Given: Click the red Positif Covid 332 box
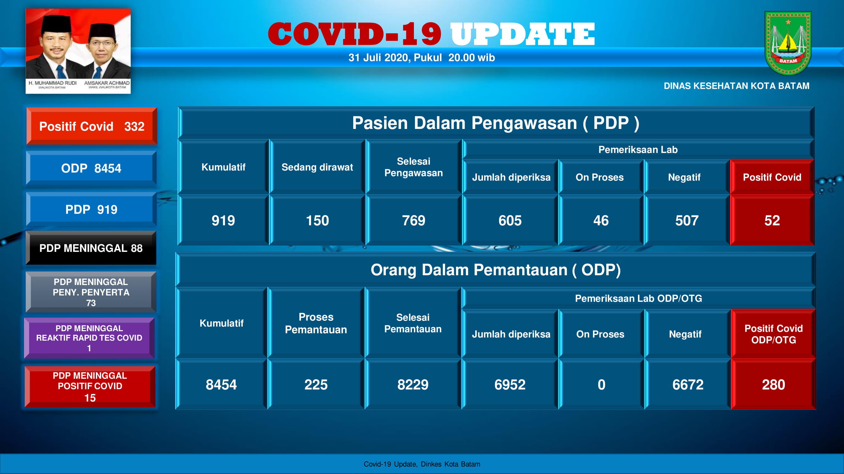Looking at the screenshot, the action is [x=92, y=126].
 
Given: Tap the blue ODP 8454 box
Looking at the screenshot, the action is [x=91, y=168].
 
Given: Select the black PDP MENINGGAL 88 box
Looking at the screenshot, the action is [x=91, y=248].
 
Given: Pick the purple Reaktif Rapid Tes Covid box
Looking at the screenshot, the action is [x=89, y=338].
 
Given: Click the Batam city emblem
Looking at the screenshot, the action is [x=788, y=43].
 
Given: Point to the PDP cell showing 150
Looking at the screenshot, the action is [x=317, y=220].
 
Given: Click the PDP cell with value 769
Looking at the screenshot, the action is [x=414, y=220].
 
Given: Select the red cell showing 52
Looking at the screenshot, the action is [x=772, y=220].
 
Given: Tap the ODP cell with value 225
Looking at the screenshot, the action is [x=316, y=384].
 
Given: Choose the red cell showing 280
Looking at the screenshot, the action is [x=773, y=384].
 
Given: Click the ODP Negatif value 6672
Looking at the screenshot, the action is [x=688, y=384].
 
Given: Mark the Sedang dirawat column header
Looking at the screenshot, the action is [x=317, y=167].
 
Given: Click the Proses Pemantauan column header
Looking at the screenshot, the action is [x=316, y=323].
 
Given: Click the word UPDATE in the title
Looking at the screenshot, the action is [x=522, y=34].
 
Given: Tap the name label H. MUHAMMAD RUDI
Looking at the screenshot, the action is [x=53, y=83].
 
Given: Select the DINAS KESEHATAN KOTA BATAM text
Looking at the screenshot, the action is [x=736, y=86].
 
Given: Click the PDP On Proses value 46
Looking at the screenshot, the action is [x=601, y=220].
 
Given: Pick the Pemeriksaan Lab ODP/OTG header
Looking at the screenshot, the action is [x=639, y=298].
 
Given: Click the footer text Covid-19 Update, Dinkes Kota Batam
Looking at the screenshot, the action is [x=422, y=464].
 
